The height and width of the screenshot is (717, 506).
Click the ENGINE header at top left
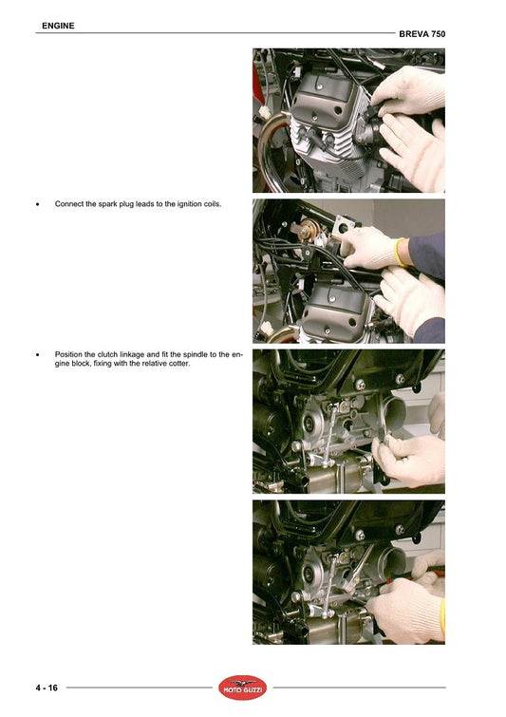58,26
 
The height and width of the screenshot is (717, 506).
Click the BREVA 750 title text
422,34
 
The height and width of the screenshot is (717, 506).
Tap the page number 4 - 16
47,688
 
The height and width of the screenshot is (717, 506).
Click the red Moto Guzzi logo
242,688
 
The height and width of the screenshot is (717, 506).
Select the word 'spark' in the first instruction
108,204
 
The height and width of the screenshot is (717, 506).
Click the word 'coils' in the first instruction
212,204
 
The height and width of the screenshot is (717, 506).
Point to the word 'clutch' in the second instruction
107,354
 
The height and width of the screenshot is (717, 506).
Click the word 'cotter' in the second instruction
179,364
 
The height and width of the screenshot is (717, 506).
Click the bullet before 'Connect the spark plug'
37,204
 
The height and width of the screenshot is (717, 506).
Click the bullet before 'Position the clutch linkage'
37,355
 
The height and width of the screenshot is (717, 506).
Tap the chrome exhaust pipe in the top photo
270,151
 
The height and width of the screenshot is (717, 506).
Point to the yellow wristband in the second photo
400,252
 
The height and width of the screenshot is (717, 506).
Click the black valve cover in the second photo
337,310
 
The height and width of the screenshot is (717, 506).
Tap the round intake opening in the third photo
394,414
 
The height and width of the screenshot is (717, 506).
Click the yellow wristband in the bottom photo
442,618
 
